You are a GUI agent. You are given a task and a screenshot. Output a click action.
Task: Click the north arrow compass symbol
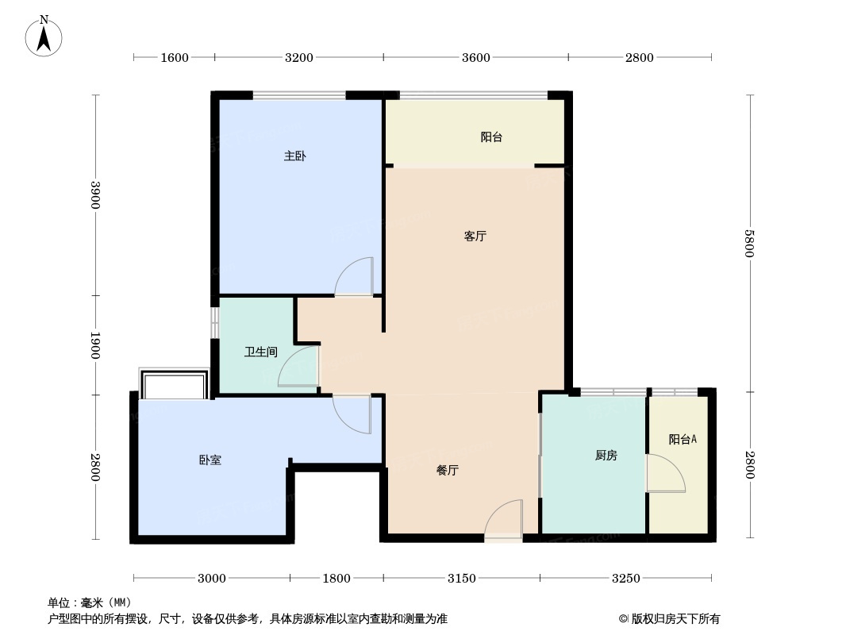[44, 37]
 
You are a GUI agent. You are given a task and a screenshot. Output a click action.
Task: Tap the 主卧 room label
[295, 156]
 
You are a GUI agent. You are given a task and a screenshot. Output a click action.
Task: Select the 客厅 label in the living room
[475, 236]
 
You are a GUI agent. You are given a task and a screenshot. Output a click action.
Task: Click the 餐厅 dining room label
[448, 471]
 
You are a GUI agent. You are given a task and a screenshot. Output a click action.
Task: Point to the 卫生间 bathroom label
[261, 352]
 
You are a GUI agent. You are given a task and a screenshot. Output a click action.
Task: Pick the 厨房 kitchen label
[606, 456]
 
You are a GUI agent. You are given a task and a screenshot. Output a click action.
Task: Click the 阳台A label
[683, 439]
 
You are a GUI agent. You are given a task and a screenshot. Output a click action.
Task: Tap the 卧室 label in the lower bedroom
[210, 460]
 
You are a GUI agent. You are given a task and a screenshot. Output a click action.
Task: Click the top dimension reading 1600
[175, 57]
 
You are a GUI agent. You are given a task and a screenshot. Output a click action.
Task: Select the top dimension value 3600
[476, 57]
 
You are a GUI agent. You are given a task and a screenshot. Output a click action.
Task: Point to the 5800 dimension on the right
[749, 244]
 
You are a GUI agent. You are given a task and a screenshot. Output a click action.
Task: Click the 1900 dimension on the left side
[95, 344]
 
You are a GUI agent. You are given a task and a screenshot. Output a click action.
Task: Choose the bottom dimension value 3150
[462, 579]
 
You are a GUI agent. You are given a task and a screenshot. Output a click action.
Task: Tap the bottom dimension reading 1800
[336, 579]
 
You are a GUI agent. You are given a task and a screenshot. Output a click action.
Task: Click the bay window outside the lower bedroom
[174, 384]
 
